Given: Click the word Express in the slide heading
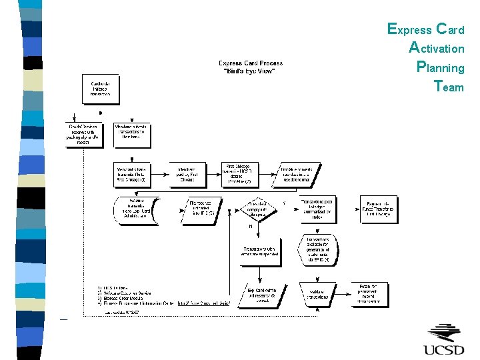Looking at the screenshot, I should [409, 29].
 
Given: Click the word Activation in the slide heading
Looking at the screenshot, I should [437, 48].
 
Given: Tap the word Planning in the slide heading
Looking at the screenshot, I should [440, 67].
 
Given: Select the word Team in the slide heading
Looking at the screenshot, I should [448, 87].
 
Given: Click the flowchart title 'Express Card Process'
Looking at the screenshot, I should [251, 63].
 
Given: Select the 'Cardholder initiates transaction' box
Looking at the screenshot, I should [101, 89].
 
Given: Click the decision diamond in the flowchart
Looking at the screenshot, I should [248, 211].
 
